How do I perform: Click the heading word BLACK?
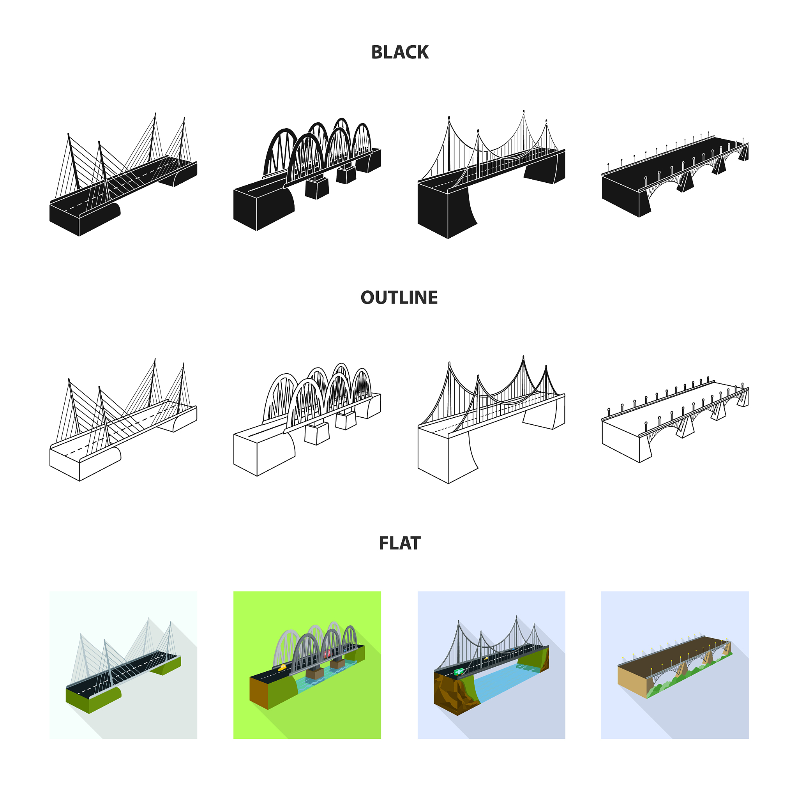click(399, 53)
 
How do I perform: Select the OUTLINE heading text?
click(399, 297)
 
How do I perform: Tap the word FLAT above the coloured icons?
click(399, 543)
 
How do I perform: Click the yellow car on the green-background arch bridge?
click(282, 668)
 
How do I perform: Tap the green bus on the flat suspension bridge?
click(458, 672)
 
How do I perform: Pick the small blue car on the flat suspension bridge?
click(513, 650)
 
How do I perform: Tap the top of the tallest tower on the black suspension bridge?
click(524, 111)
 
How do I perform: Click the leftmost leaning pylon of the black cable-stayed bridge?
click(73, 161)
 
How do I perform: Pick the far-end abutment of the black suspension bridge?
click(544, 168)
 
